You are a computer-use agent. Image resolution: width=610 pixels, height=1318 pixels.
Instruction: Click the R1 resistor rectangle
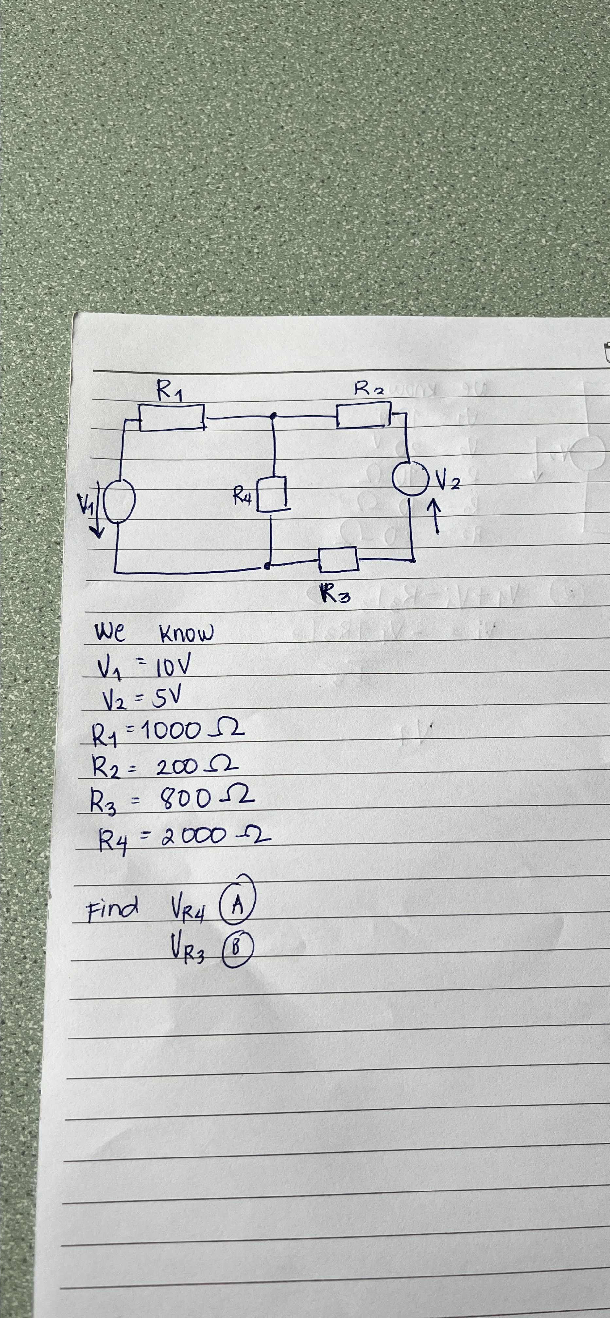pos(172,417)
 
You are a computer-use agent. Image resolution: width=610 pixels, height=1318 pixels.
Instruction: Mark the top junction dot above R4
pos(274,416)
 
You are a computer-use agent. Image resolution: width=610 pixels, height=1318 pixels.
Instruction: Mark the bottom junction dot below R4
pos(267,566)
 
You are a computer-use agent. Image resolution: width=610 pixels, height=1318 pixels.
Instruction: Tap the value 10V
pos(174,666)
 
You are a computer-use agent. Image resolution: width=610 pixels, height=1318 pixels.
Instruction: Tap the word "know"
pos(186,634)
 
